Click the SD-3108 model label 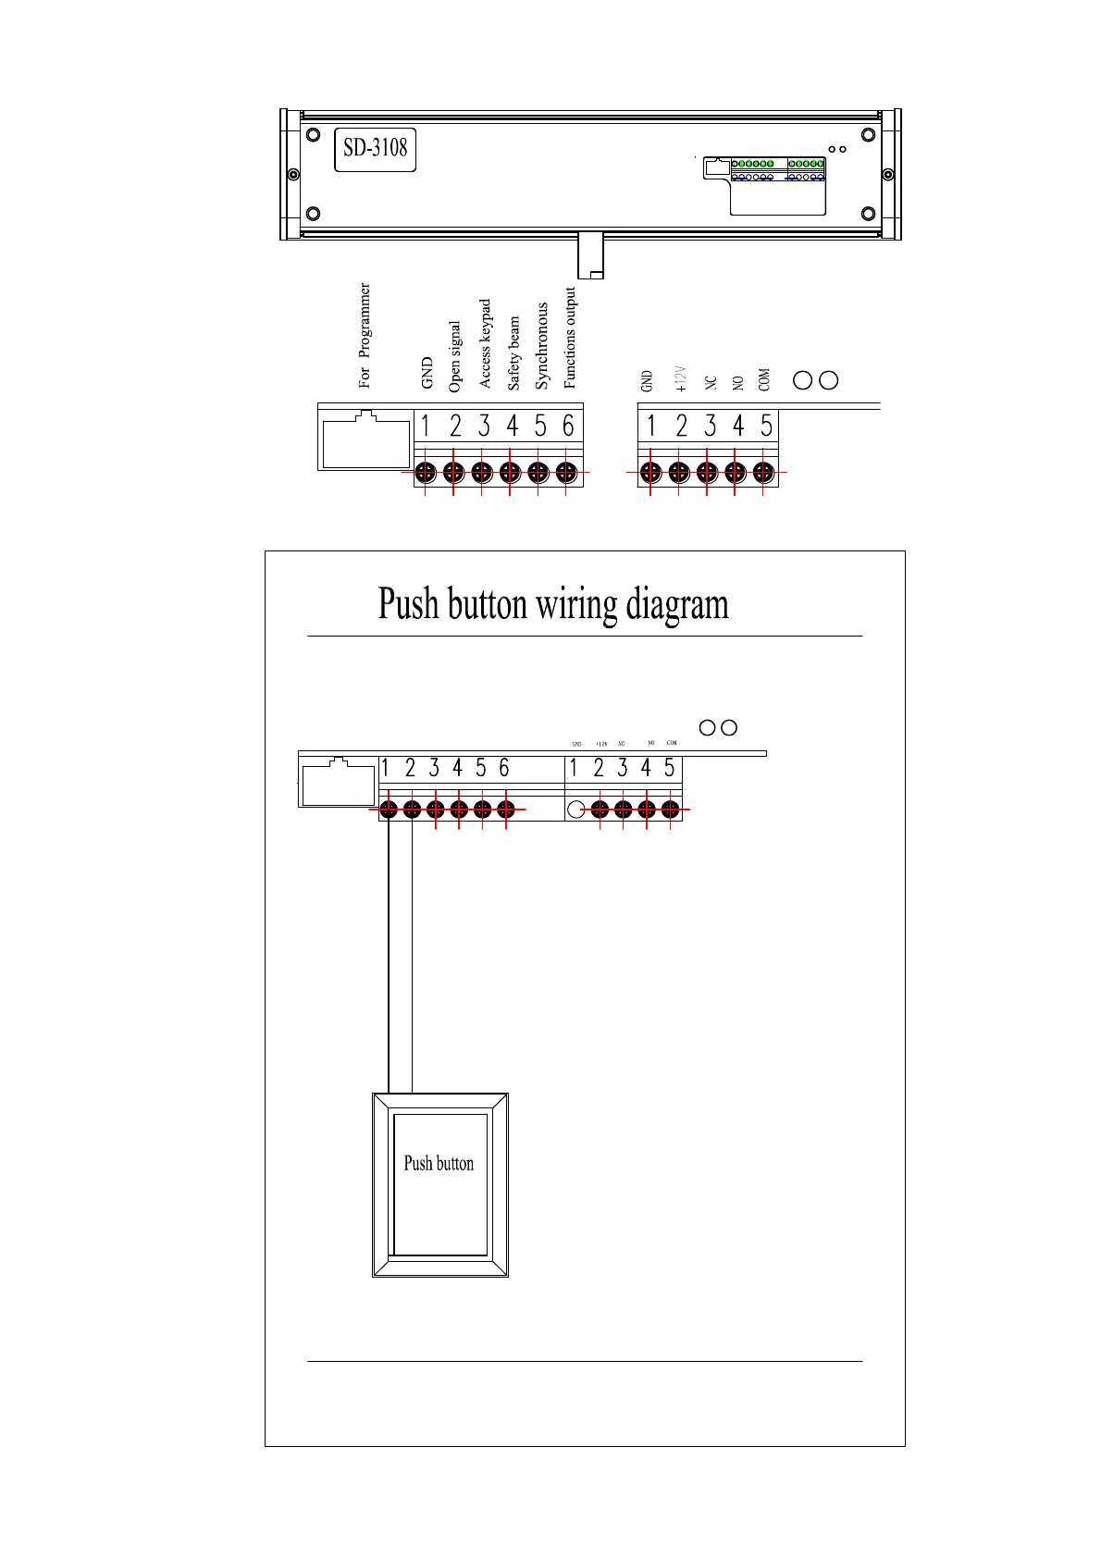tap(375, 148)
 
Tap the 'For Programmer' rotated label tap(365, 335)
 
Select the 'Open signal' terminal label tap(454, 357)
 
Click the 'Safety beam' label tap(513, 353)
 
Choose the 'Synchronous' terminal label tap(542, 346)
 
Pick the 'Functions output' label tap(570, 338)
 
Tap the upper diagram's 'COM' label tap(764, 380)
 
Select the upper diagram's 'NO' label tap(738, 382)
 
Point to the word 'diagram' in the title tap(677, 604)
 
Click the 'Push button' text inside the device tap(439, 1164)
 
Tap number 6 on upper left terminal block tap(568, 426)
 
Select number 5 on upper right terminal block tap(766, 426)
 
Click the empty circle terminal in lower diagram tap(575, 810)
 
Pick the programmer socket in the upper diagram tap(365, 439)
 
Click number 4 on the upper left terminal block tap(512, 426)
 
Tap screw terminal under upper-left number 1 tap(426, 472)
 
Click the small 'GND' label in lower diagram tap(576, 744)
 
